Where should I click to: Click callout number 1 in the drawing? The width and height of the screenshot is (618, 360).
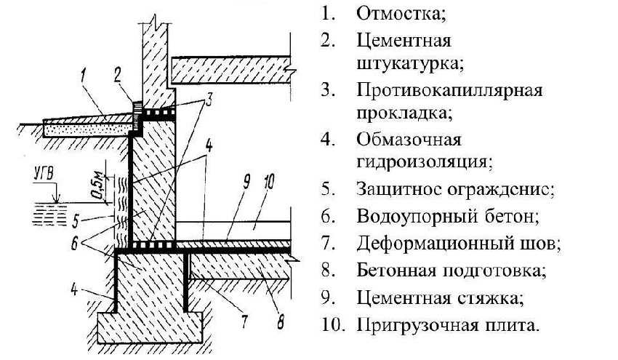(85, 73)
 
